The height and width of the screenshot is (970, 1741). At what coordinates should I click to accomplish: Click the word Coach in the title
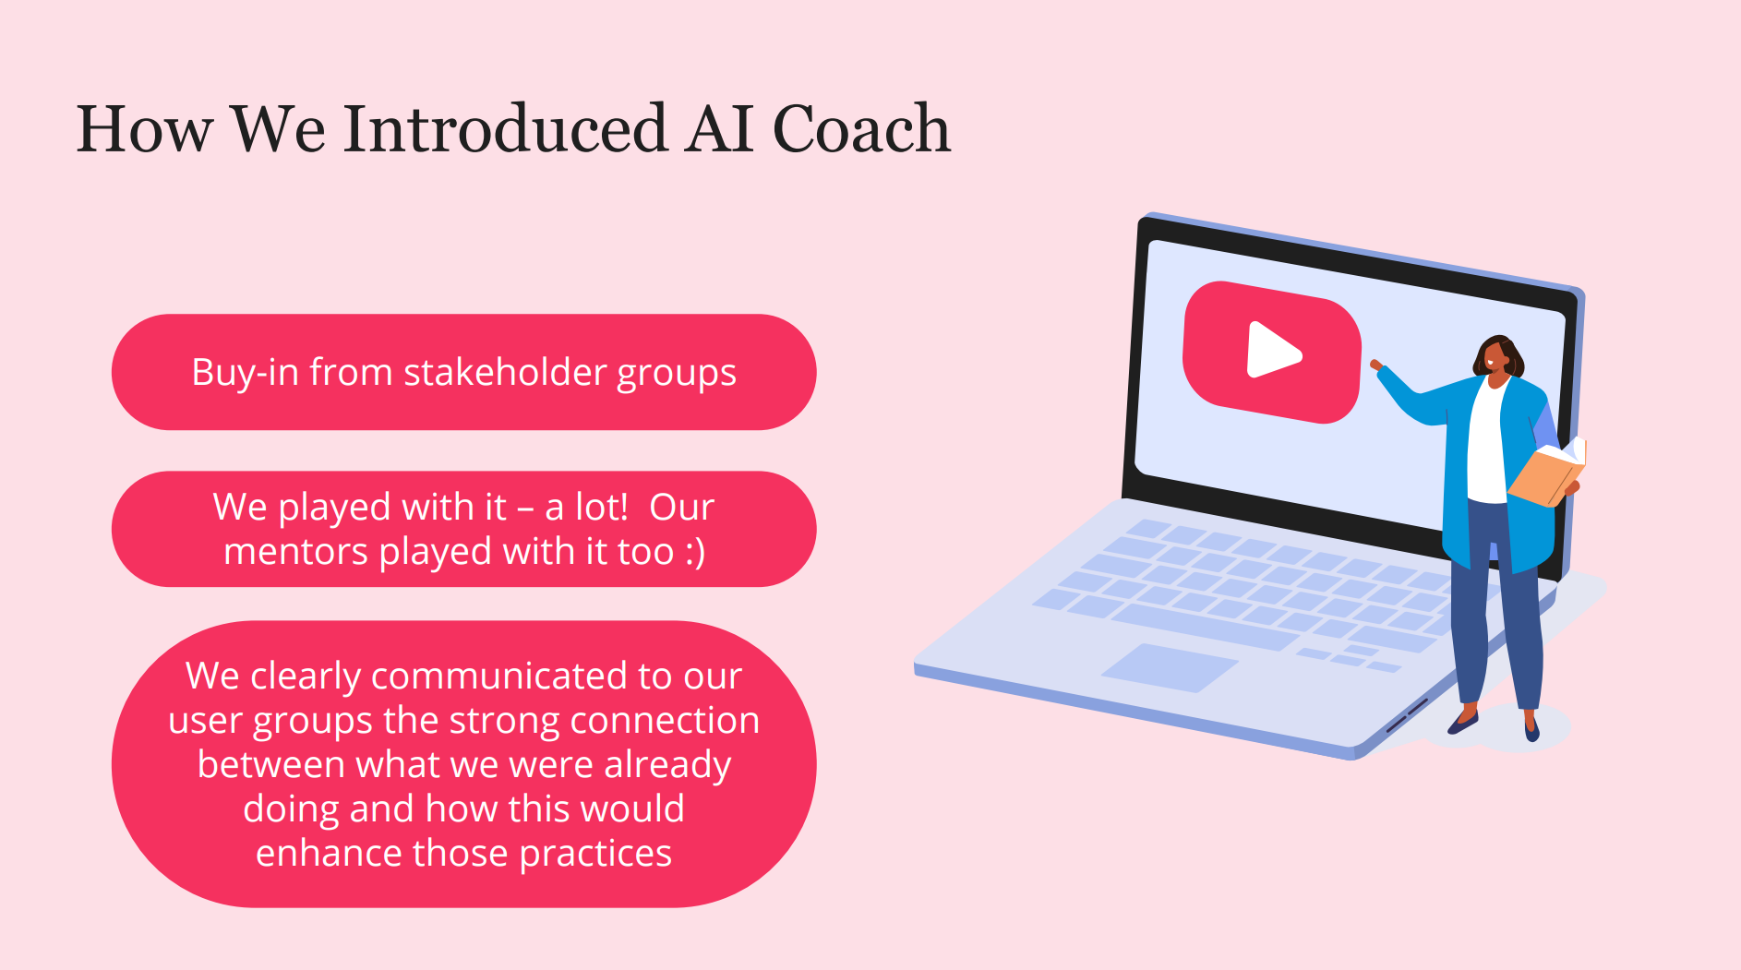click(860, 128)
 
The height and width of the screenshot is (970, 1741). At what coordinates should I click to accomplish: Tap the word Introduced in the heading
click(505, 128)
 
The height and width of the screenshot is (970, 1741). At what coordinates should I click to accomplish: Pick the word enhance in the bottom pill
click(329, 854)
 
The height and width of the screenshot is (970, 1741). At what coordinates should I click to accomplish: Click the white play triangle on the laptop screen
click(1273, 350)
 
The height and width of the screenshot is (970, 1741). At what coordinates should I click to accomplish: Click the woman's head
click(1497, 357)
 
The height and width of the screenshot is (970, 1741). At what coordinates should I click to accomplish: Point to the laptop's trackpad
click(1170, 666)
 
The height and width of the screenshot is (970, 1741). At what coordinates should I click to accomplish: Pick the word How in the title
click(145, 128)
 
